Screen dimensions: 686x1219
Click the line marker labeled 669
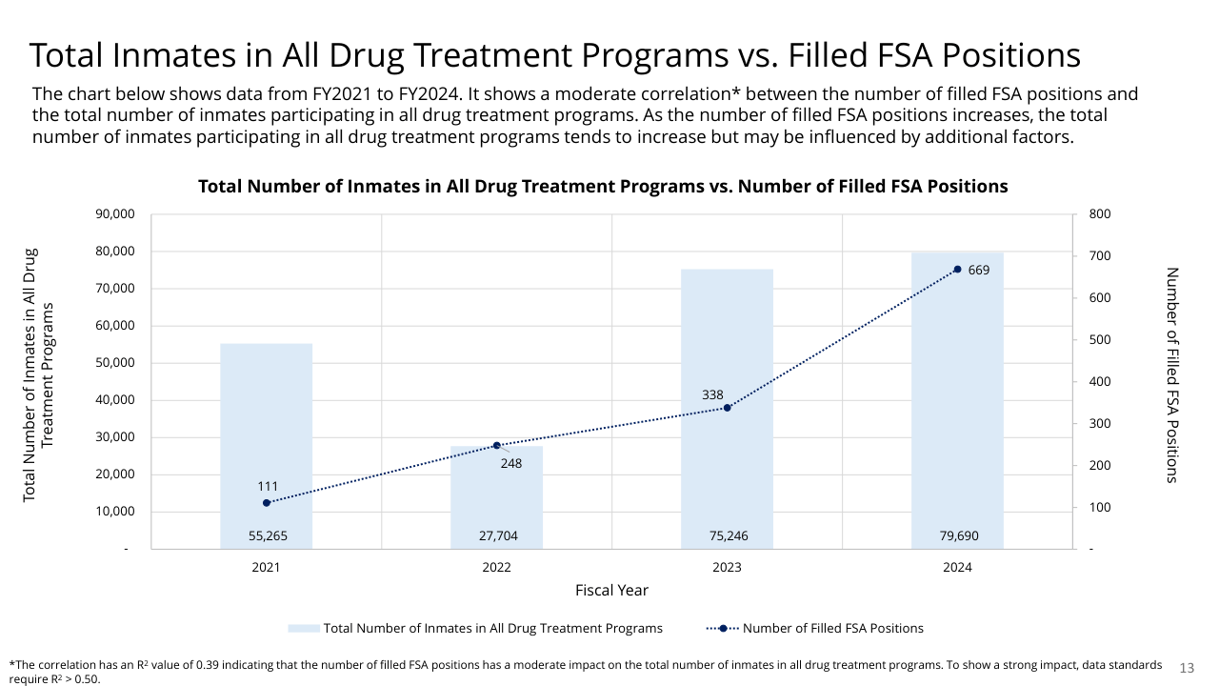point(957,270)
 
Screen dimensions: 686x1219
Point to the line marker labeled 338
point(727,408)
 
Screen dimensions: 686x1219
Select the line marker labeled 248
point(496,445)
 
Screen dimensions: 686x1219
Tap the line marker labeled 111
point(267,502)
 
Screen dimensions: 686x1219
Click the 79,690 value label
point(957,536)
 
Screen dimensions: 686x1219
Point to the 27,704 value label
point(497,536)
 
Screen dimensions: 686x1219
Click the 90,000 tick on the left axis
point(115,214)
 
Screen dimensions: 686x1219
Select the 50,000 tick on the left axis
point(115,363)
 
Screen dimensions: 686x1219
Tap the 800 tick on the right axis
point(1099,214)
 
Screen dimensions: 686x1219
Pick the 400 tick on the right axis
point(1099,382)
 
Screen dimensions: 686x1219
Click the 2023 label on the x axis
point(727,567)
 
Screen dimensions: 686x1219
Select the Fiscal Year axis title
point(611,591)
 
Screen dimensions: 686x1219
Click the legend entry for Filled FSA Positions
point(832,628)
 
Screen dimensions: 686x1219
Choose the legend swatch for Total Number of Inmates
point(303,628)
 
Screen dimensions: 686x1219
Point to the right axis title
point(1172,374)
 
